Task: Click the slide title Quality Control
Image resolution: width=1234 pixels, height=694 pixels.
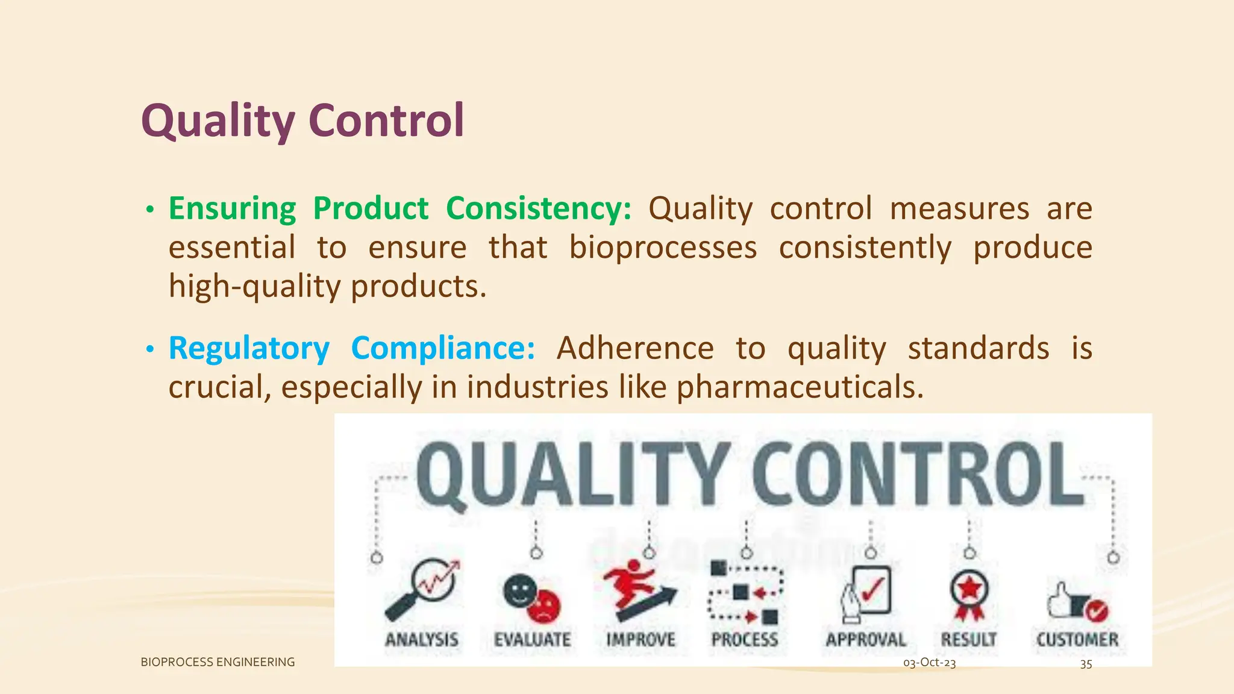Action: [302, 120]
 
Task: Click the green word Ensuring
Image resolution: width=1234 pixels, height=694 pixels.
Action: [232, 209]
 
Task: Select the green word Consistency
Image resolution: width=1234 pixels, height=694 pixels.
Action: [538, 209]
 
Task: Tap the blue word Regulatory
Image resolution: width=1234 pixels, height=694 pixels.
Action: [249, 349]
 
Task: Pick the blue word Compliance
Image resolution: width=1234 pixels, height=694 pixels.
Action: [442, 349]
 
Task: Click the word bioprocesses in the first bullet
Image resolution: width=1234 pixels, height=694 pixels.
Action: [663, 248]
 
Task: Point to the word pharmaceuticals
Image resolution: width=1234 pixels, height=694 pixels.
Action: [800, 387]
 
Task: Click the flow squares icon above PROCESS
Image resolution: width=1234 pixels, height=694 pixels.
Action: [745, 593]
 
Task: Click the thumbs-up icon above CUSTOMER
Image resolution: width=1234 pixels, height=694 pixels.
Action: [1076, 601]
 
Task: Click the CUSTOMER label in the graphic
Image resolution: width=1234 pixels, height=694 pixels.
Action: [1077, 639]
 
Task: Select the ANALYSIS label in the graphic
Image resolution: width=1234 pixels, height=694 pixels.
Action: [422, 639]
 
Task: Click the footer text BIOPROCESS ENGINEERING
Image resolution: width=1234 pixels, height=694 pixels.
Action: [218, 662]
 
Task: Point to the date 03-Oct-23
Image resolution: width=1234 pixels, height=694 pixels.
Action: [929, 663]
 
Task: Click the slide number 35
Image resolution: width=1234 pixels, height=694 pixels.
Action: [1086, 664]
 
